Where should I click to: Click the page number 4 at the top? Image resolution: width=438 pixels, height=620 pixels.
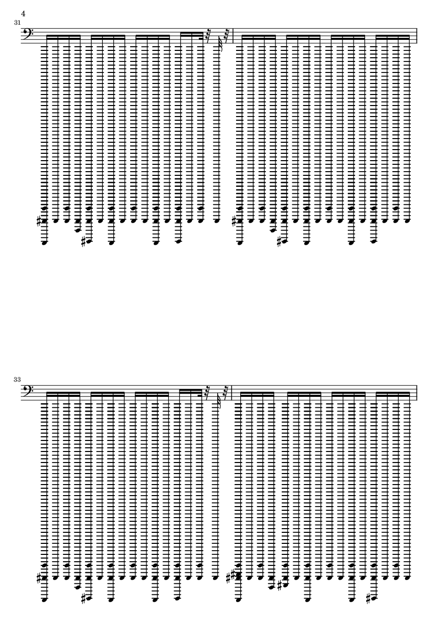(23, 14)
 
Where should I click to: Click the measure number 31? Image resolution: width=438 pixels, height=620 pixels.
(17, 23)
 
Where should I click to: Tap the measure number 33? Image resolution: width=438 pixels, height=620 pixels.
(17, 379)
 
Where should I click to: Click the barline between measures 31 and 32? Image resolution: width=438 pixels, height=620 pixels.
(233, 36)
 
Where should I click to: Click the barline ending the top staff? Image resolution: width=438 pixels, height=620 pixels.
(417, 36)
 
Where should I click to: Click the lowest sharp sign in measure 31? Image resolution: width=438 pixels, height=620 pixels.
(84, 241)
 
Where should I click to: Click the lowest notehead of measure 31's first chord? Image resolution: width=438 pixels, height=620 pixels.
(45, 243)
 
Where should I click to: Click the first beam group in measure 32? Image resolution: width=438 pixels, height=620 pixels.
(259, 37)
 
